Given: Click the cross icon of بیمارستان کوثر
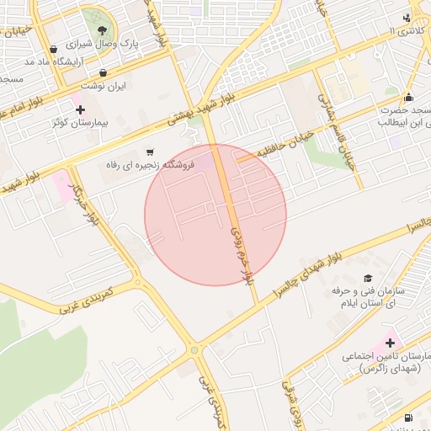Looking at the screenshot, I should (x=80, y=109).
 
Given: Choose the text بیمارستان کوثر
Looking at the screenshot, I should (x=80, y=123).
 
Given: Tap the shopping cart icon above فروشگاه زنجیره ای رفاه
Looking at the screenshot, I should (x=150, y=152).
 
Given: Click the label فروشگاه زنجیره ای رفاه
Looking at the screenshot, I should (x=150, y=165).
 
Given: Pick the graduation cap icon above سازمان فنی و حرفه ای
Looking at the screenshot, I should (x=367, y=278).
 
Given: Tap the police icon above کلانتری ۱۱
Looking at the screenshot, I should (x=408, y=18).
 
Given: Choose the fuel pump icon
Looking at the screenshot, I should (x=408, y=417).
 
